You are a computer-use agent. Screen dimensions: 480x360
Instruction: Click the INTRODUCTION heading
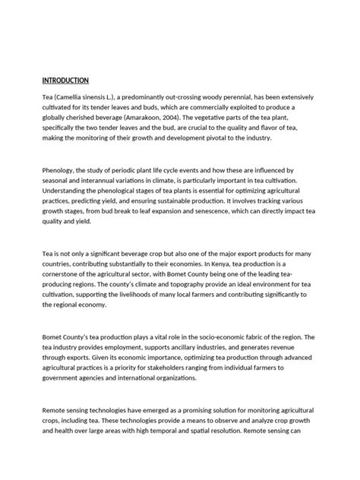(65, 80)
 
